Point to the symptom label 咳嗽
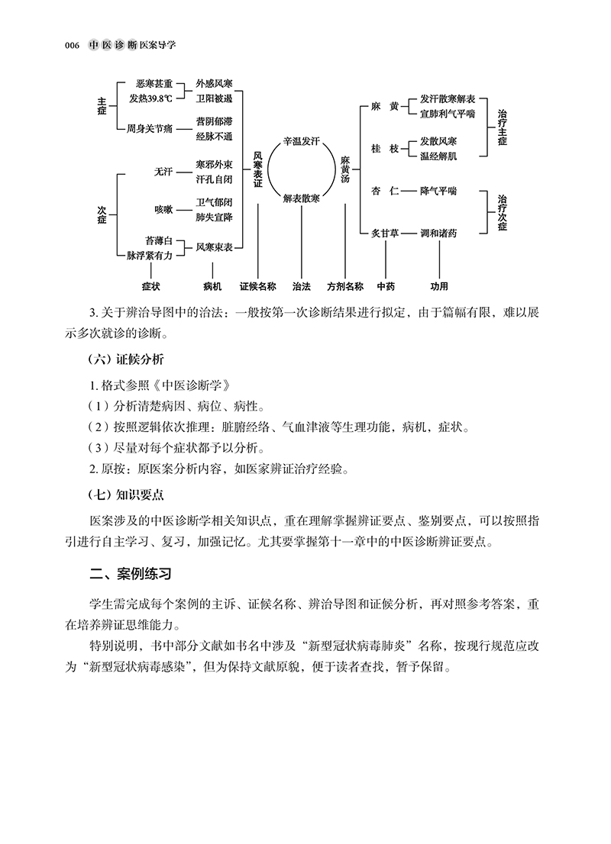tap(163, 209)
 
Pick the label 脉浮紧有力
tap(150, 256)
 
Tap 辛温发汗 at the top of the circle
tap(301, 142)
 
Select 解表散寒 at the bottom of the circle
tap(301, 198)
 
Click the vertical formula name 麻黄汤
tap(344, 169)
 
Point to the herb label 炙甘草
tap(386, 232)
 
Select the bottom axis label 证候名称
tap(257, 287)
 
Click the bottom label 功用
tap(438, 287)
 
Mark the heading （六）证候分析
tap(126, 359)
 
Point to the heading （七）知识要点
tap(126, 494)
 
